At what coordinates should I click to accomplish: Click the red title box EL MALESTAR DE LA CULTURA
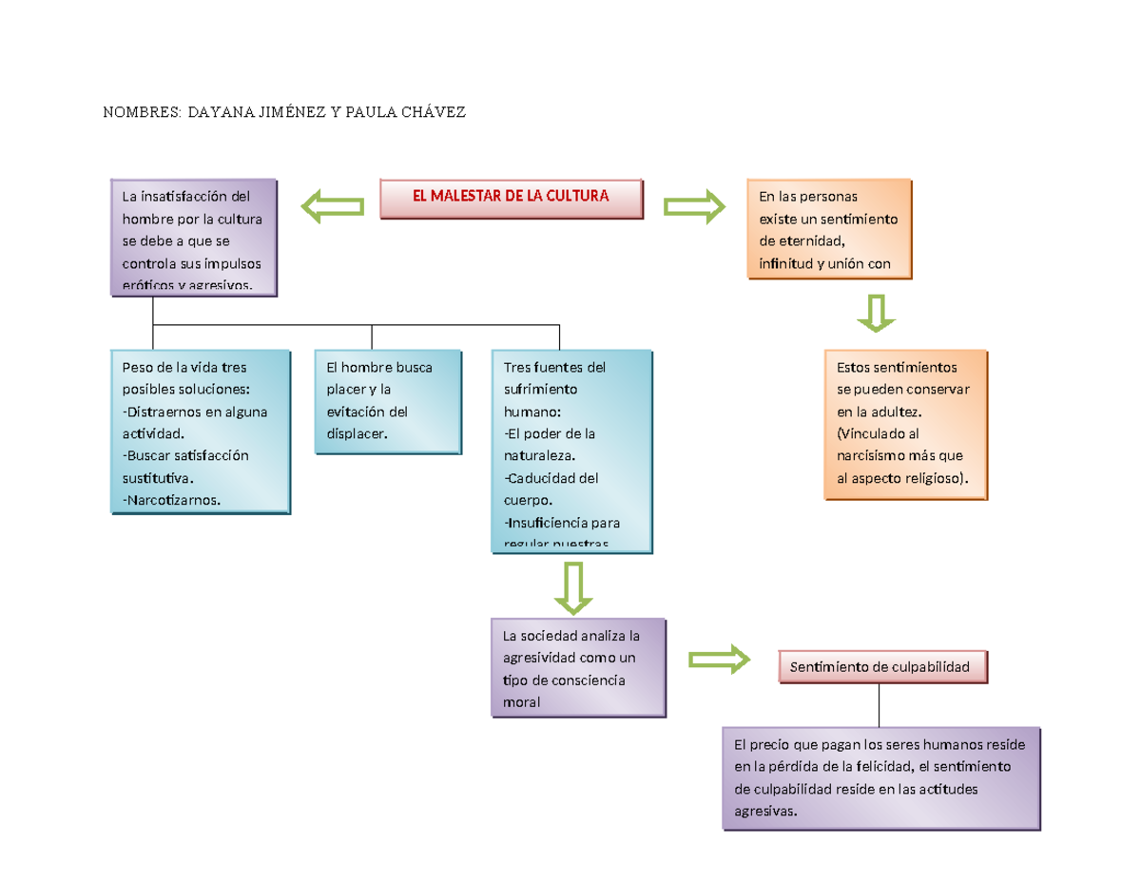coord(511,198)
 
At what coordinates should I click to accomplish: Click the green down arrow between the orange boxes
coord(876,313)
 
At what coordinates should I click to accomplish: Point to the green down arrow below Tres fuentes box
coord(573,587)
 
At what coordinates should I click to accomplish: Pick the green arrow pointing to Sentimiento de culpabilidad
coord(719,659)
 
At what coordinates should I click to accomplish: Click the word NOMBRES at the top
coord(142,113)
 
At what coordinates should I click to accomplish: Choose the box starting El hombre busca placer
coord(388,400)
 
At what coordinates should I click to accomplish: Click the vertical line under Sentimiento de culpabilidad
coord(880,704)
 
